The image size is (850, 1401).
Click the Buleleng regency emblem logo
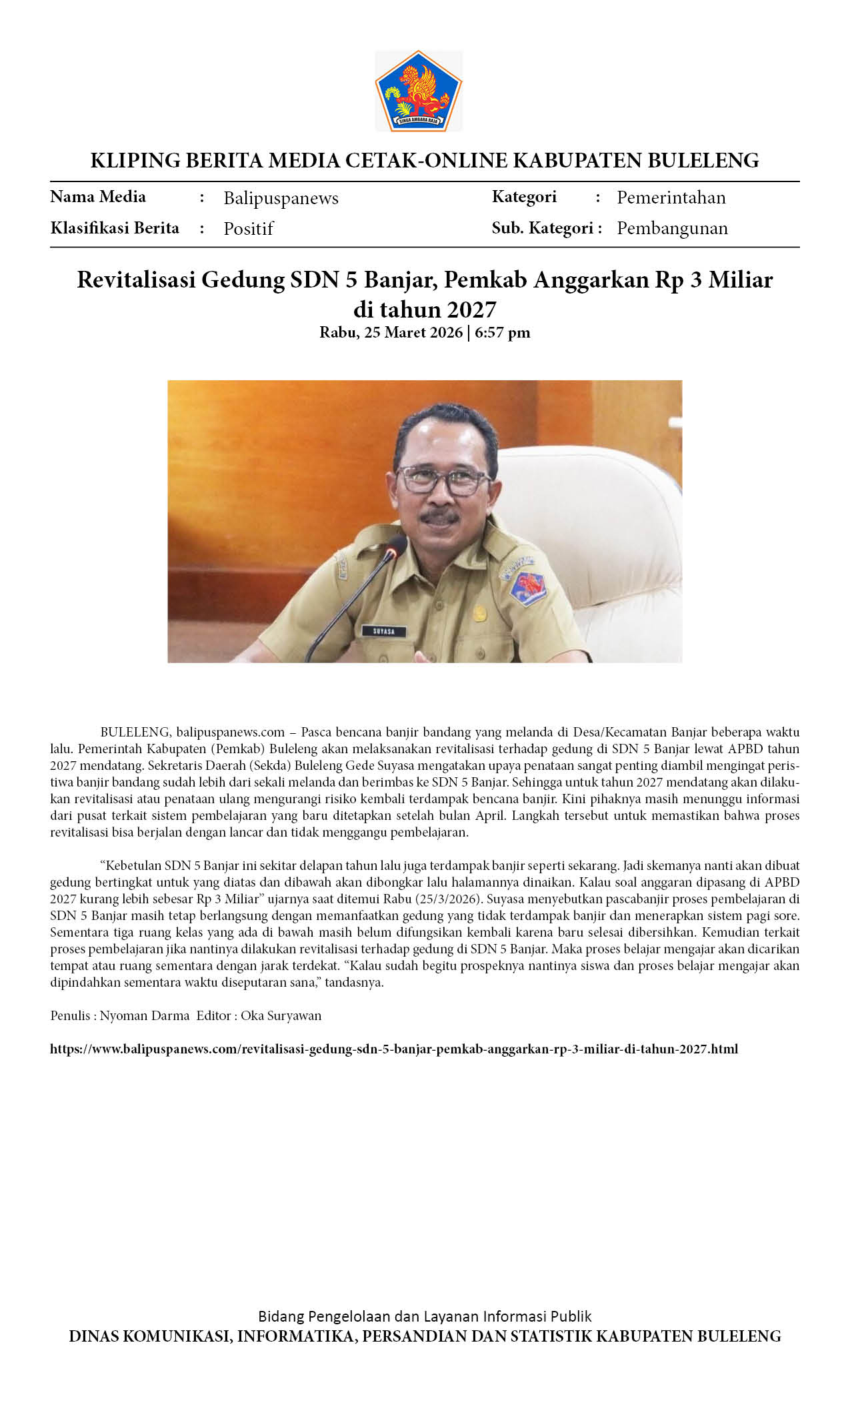(x=418, y=91)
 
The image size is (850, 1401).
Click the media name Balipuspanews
(x=281, y=198)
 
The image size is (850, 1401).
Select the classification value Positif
(x=248, y=229)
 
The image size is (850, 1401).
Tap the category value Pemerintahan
(x=671, y=197)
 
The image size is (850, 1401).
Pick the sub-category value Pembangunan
(x=672, y=228)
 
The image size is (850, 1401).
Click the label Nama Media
(x=98, y=197)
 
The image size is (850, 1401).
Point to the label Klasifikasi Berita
(x=115, y=228)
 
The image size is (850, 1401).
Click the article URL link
(x=394, y=1049)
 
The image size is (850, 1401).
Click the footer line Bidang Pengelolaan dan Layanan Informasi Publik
(x=425, y=1316)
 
